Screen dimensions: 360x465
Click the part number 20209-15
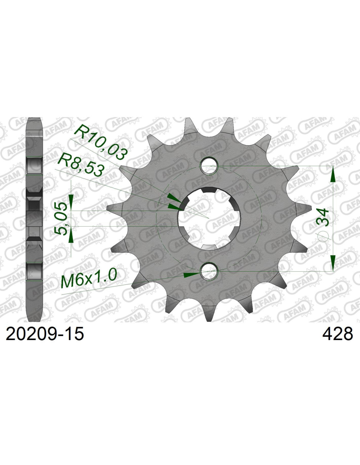pyautogui.click(x=45, y=334)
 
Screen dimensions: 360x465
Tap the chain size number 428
pyautogui.click(x=337, y=334)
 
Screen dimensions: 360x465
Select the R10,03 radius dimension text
pyautogui.click(x=100, y=142)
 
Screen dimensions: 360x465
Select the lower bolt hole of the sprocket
pyautogui.click(x=209, y=271)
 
